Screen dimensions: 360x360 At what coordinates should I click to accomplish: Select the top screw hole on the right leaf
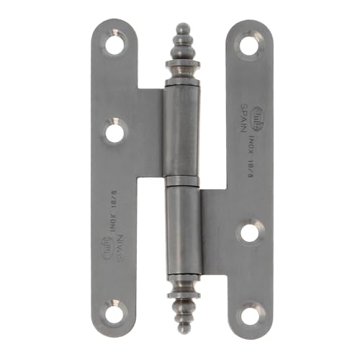(x=248, y=47)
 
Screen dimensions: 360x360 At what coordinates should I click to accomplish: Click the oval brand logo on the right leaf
(x=260, y=115)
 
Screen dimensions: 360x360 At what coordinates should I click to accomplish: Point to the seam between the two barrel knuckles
(x=179, y=179)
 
